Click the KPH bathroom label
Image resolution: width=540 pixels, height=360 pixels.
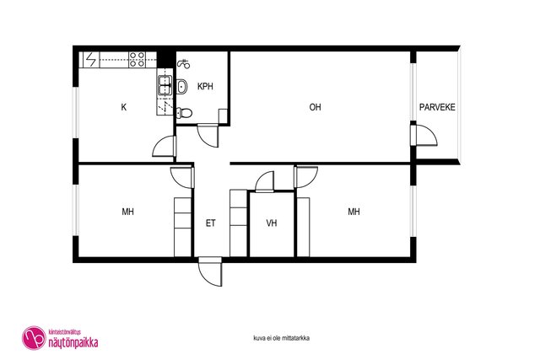[x=205, y=86]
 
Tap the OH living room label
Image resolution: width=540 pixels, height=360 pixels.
[x=315, y=107]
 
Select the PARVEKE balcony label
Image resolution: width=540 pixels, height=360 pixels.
[x=437, y=107]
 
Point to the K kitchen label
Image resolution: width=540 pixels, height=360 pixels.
[x=124, y=107]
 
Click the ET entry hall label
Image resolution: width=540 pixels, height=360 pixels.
[x=211, y=223]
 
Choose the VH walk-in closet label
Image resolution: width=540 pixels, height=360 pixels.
[x=272, y=223]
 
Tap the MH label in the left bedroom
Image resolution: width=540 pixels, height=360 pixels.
[x=127, y=212]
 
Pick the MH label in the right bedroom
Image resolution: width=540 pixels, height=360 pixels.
[x=354, y=212]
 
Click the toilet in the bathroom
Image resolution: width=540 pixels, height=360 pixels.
[x=184, y=112]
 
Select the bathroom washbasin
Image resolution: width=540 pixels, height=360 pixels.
[x=182, y=86]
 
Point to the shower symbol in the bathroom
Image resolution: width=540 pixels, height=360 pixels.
[x=184, y=64]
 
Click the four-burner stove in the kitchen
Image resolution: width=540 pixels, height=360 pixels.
[x=137, y=59]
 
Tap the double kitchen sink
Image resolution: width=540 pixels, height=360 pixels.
[x=165, y=85]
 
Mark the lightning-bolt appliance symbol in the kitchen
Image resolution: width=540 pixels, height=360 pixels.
[x=91, y=59]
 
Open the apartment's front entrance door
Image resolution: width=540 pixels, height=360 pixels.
[x=210, y=271]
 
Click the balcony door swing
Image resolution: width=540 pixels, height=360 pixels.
[x=424, y=136]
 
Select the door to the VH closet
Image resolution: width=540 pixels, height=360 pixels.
[x=265, y=181]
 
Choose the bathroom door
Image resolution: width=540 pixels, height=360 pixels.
[x=208, y=137]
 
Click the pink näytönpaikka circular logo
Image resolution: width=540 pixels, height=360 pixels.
[x=34, y=338]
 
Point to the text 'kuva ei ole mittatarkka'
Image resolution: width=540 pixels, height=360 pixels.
[x=281, y=338]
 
